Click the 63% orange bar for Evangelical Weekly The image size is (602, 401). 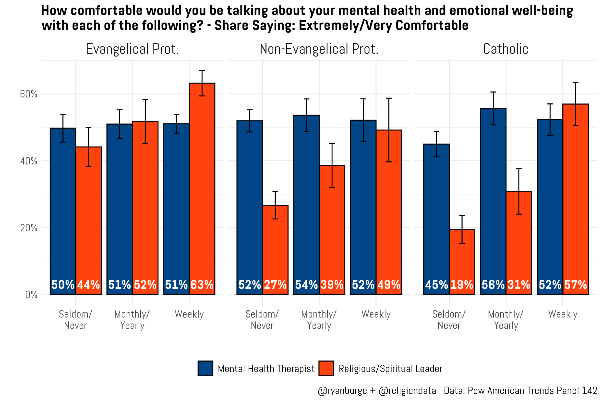tap(202, 189)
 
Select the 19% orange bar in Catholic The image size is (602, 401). tap(462, 262)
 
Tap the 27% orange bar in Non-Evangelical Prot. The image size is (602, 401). tap(275, 250)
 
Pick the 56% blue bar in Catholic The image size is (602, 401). tap(493, 201)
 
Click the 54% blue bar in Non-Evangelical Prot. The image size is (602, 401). tap(306, 205)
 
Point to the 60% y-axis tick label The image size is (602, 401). tap(29, 94)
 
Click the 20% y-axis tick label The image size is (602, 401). tap(29, 228)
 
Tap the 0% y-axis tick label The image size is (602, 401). tap(31, 294)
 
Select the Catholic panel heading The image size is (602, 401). tap(506, 49)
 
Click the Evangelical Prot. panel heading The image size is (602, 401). tap(132, 49)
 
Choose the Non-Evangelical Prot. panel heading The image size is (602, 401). tap(319, 49)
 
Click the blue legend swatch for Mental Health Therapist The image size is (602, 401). tap(205, 368)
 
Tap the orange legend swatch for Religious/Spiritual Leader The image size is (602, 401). tap(326, 368)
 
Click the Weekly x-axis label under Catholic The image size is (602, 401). tap(563, 314)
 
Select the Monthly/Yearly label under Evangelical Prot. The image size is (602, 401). tap(132, 320)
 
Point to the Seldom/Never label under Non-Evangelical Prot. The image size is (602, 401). tap(262, 320)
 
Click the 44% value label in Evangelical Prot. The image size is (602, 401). tap(88, 285)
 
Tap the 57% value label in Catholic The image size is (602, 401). tap(576, 285)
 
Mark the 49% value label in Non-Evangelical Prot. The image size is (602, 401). tap(389, 285)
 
